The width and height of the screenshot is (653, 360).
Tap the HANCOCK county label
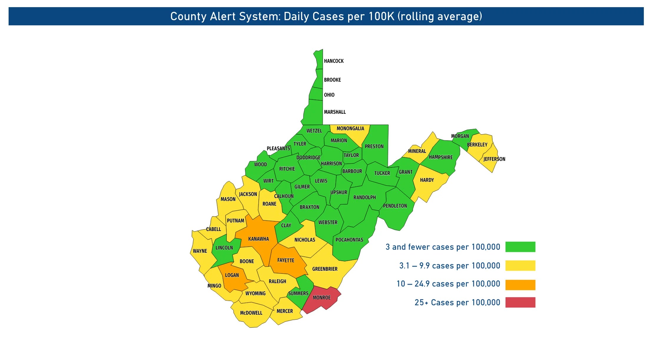coord(334,61)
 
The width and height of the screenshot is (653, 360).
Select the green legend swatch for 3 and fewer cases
coord(520,247)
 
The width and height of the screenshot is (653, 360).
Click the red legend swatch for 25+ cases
coord(520,303)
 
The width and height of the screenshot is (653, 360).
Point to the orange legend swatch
coord(520,285)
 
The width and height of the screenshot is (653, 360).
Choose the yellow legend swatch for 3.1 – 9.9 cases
coord(520,265)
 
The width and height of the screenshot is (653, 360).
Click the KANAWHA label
coord(258,239)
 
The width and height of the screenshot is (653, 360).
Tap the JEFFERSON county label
coord(494,159)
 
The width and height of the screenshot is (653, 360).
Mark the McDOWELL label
coord(251,313)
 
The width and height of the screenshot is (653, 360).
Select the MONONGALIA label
coord(350,128)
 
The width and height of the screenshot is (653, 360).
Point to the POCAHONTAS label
coord(349,240)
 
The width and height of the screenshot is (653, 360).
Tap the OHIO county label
coord(329,95)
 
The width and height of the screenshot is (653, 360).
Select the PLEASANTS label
coord(278,148)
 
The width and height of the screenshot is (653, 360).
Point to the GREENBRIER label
coord(325,269)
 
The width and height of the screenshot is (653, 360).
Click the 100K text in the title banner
coord(381,16)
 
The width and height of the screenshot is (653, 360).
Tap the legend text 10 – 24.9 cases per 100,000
coord(448,284)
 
